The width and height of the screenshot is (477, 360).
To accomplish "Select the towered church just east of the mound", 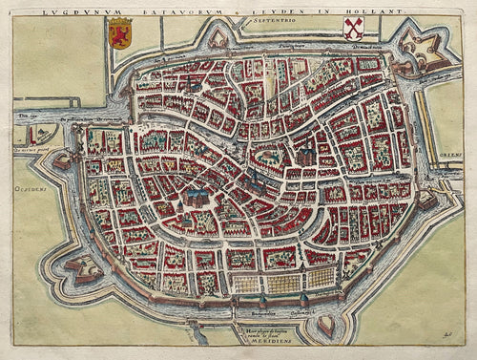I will [305, 153].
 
